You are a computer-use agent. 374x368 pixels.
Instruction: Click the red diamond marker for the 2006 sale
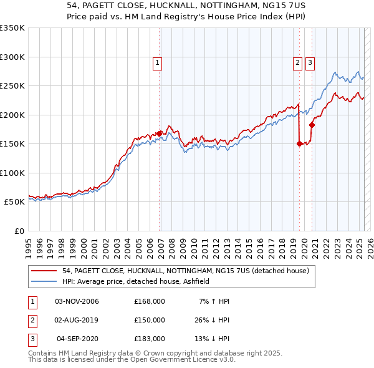click(160, 133)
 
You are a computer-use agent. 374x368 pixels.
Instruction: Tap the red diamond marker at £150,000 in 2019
click(299, 143)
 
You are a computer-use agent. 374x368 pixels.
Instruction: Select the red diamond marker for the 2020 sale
click(312, 124)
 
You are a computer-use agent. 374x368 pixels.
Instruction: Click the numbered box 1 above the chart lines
click(157, 62)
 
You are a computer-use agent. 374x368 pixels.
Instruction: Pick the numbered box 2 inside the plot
click(297, 62)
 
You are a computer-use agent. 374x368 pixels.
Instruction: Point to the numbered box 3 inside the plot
click(310, 62)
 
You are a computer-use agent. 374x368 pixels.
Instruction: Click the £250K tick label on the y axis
click(12, 86)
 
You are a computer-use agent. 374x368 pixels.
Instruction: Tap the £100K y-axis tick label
click(12, 173)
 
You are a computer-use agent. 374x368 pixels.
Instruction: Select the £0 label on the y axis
click(19, 231)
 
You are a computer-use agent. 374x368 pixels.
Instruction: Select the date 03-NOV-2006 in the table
click(77, 301)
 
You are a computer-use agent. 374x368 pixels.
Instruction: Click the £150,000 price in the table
click(149, 320)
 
